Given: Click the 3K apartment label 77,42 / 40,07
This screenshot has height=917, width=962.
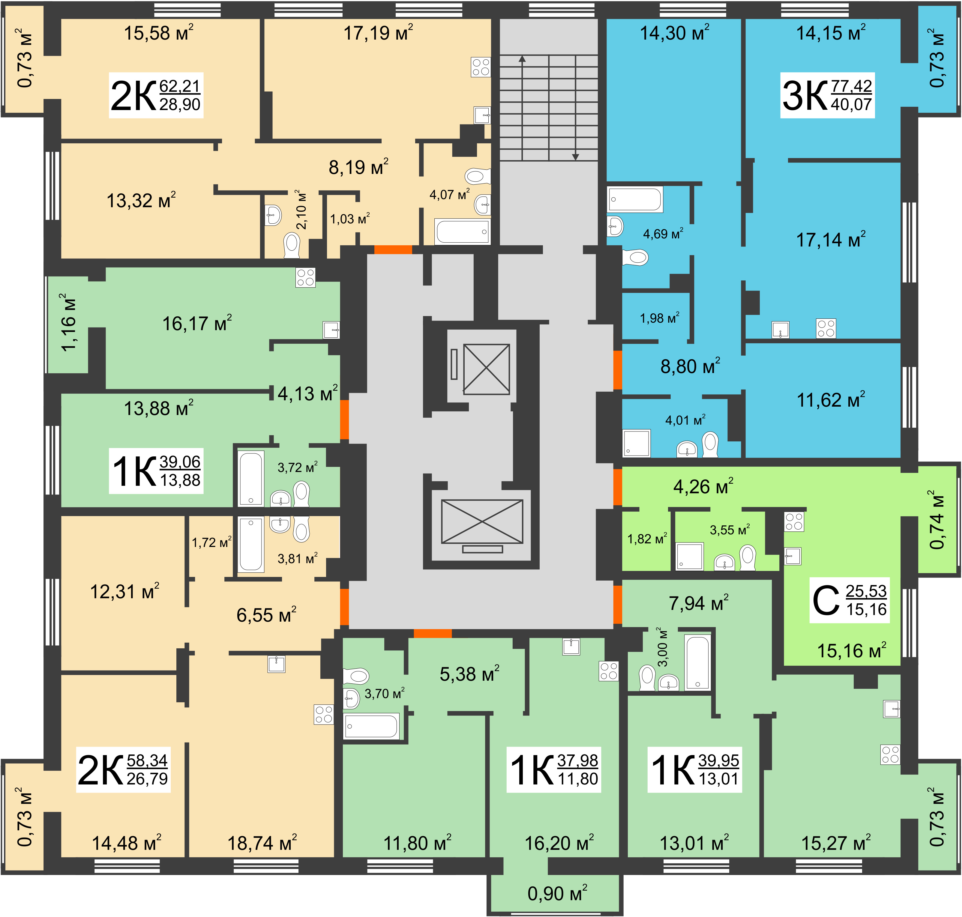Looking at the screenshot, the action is coord(827,95).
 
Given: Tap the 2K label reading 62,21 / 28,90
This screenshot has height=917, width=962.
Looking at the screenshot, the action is coord(155,95).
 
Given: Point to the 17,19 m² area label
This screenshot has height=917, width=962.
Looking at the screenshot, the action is coord(378,33).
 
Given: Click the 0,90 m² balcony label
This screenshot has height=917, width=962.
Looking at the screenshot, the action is coord(557,893).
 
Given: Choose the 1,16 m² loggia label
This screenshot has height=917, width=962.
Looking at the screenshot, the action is coord(68,323).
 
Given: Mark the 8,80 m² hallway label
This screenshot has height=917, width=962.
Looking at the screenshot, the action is coord(690,366).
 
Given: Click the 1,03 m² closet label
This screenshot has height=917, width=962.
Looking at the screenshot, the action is coord(350,219).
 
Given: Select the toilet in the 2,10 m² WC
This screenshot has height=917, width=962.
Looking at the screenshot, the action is coord(292,245).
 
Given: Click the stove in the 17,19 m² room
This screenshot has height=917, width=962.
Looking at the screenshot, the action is coord(481,67).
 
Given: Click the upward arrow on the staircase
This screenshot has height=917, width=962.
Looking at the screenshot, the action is coord(522,108).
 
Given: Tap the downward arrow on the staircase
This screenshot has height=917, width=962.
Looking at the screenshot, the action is coord(576,108).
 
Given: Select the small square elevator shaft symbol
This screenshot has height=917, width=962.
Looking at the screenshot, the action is coord(486,369).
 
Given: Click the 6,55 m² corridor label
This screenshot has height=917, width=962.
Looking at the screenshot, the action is coord(267,614).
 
